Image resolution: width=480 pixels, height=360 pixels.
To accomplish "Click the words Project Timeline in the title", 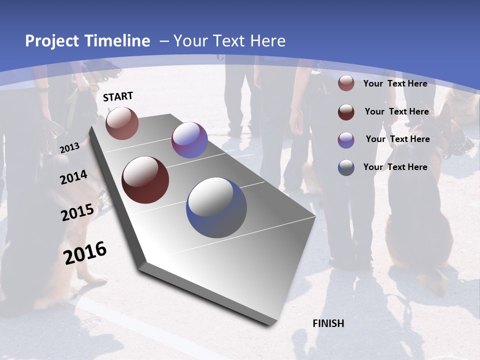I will (87, 41).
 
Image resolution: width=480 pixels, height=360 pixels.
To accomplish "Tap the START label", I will (118, 96).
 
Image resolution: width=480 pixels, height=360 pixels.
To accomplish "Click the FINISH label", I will (328, 323).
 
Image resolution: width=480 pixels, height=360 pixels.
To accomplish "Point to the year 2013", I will (69, 147).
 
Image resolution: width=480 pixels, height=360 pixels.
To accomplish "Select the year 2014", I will (74, 177).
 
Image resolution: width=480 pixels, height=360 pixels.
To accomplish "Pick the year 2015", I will (77, 212).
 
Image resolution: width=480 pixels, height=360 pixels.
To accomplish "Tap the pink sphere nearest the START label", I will (122, 123).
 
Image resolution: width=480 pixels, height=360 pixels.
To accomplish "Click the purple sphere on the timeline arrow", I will (189, 140).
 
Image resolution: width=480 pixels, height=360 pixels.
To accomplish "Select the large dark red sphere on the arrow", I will (145, 180).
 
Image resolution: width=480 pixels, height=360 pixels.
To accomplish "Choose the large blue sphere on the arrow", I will (216, 207).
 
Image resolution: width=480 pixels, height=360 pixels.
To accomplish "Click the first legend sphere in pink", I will (346, 83).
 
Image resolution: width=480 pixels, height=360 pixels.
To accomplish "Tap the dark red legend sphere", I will (346, 112).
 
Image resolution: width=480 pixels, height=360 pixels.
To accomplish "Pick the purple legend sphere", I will (346, 140).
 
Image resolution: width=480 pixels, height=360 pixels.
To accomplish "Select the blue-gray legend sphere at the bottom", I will (346, 167).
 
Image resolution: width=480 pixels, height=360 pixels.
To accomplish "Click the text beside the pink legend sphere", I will (395, 83).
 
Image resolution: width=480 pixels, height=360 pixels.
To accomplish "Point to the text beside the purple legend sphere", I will (397, 139).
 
